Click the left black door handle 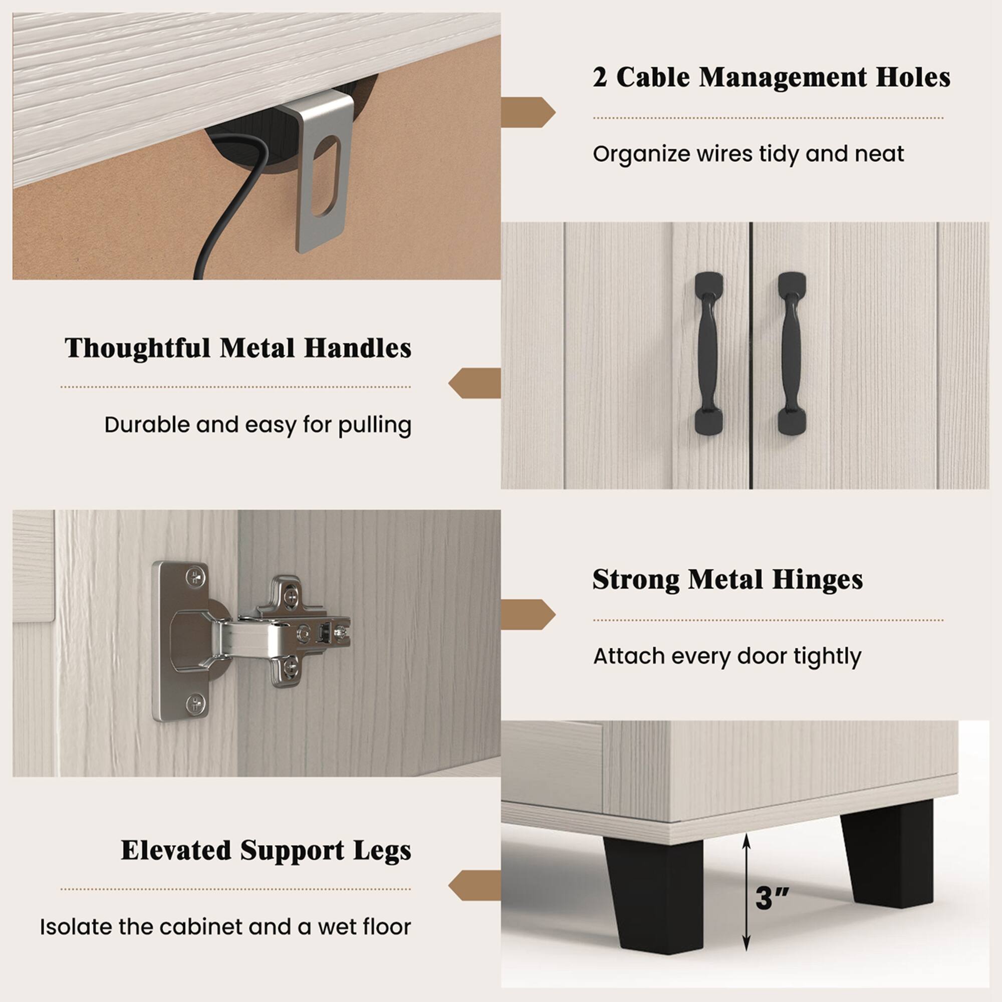pyautogui.click(x=708, y=353)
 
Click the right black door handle pyautogui.click(x=792, y=353)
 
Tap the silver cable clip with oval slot pyautogui.click(x=322, y=171)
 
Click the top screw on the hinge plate pyautogui.click(x=194, y=577)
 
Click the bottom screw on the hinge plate pyautogui.click(x=194, y=703)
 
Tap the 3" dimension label pyautogui.click(x=772, y=898)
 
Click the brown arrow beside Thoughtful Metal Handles pyautogui.click(x=474, y=383)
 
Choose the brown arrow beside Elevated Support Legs pyautogui.click(x=474, y=885)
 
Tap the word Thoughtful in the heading pyautogui.click(x=137, y=348)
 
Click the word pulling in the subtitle pyautogui.click(x=374, y=425)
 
